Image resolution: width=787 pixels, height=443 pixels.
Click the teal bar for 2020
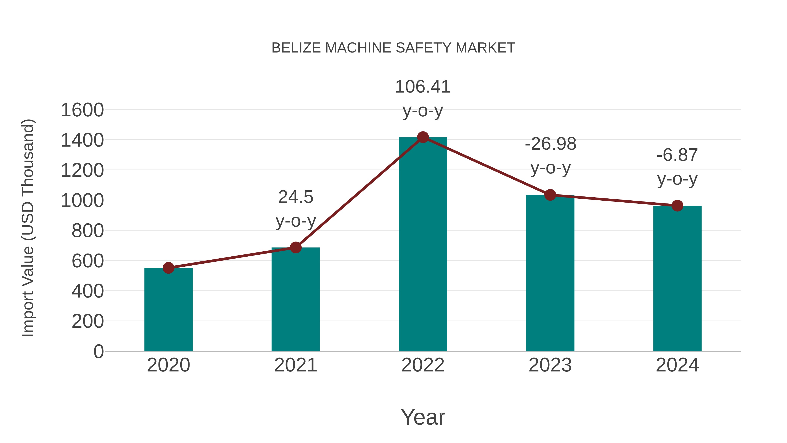(x=168, y=309)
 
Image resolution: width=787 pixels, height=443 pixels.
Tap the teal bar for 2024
(x=677, y=278)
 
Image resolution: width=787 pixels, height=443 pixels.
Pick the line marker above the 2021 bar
(x=295, y=247)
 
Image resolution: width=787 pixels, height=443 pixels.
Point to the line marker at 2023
(x=550, y=195)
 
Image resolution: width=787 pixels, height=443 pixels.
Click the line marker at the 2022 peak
(x=423, y=137)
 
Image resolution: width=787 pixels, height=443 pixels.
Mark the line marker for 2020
(x=168, y=268)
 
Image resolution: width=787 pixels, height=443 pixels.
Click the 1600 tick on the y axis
(x=82, y=110)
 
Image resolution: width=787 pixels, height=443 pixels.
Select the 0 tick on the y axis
(x=98, y=352)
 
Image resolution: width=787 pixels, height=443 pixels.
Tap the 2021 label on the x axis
(x=295, y=365)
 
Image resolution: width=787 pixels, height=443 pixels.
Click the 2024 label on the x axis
(x=677, y=365)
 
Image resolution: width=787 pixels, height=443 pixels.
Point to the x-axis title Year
(x=423, y=417)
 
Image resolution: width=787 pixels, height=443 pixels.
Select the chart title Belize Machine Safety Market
(x=393, y=48)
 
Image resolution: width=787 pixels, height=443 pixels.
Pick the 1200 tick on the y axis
(x=82, y=170)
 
